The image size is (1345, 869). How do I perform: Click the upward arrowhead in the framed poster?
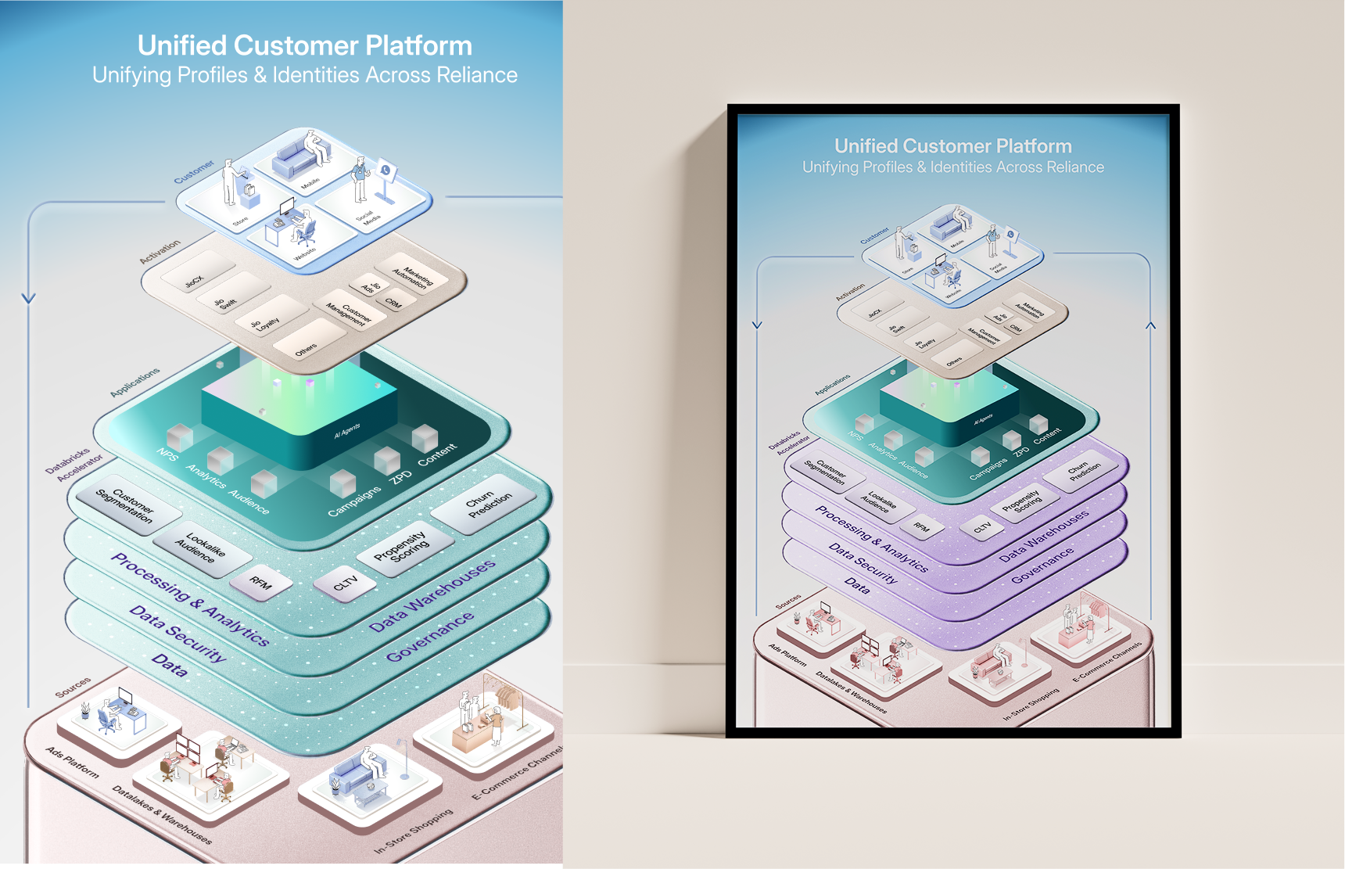[x=1150, y=325]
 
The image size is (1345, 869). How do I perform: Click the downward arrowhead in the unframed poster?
[x=29, y=298]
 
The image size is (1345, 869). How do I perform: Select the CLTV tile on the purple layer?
[x=982, y=527]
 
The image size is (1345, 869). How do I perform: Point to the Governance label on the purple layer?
[x=1042, y=566]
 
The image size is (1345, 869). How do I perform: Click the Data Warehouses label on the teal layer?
[x=432, y=596]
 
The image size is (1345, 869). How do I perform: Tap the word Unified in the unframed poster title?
[x=181, y=45]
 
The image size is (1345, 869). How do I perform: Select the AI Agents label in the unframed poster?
[x=347, y=430]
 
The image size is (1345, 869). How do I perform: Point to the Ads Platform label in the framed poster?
[x=787, y=655]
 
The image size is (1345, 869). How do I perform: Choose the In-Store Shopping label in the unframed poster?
[x=413, y=831]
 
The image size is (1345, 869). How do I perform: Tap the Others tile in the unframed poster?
[x=307, y=347]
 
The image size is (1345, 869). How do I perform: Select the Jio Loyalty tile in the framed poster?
[x=927, y=342]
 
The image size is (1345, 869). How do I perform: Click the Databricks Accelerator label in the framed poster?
[x=788, y=443]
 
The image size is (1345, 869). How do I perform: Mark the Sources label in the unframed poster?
[x=73, y=687]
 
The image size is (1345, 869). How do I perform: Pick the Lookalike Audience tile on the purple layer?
[x=878, y=502]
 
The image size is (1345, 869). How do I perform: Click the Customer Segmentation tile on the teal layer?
[x=125, y=505]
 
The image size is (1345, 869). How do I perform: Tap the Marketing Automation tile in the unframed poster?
[x=413, y=273]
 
